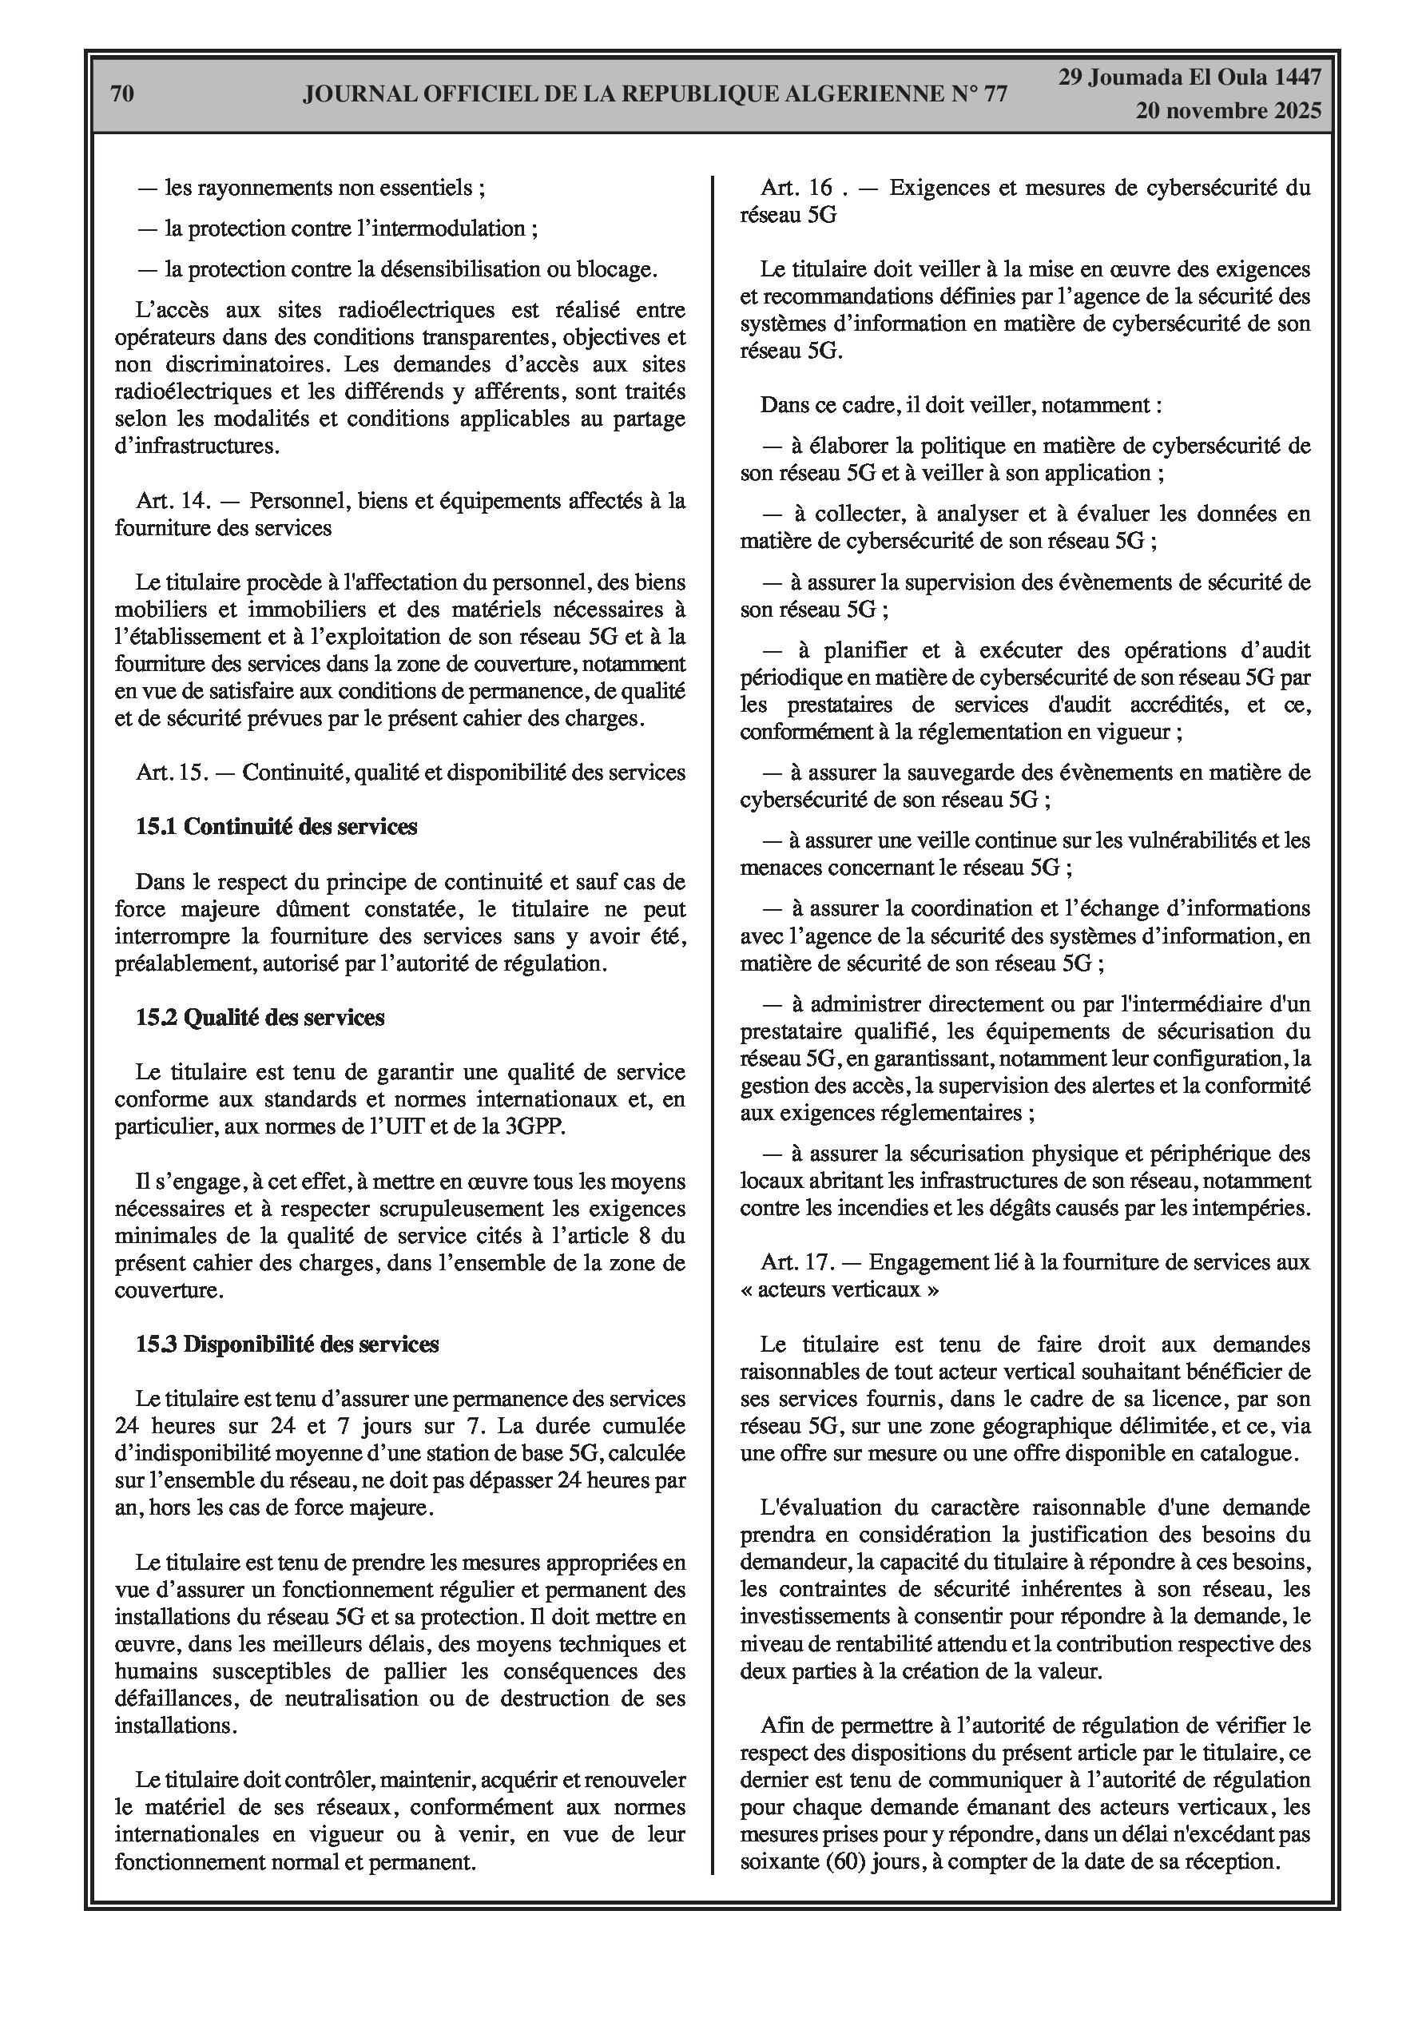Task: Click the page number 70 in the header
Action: (x=123, y=94)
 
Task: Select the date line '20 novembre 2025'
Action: (x=1227, y=111)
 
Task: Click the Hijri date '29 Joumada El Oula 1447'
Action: (x=1189, y=77)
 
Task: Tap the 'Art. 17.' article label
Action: (x=797, y=1262)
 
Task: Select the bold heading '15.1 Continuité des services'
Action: (x=276, y=827)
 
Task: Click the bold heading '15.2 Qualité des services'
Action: (x=260, y=1018)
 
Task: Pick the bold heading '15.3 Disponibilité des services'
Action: (x=288, y=1344)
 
